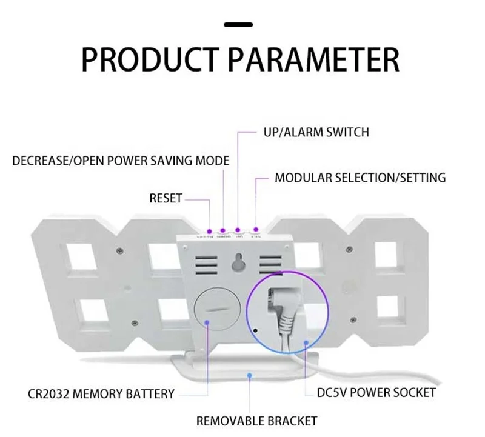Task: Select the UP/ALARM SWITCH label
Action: click(x=316, y=132)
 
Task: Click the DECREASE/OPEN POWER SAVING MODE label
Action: click(x=121, y=161)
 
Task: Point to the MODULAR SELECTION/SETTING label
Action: click(x=360, y=178)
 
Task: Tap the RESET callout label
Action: click(x=166, y=198)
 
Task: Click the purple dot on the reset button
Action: click(x=209, y=232)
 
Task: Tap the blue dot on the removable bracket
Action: click(x=250, y=376)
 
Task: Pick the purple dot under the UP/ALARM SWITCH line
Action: click(x=238, y=230)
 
